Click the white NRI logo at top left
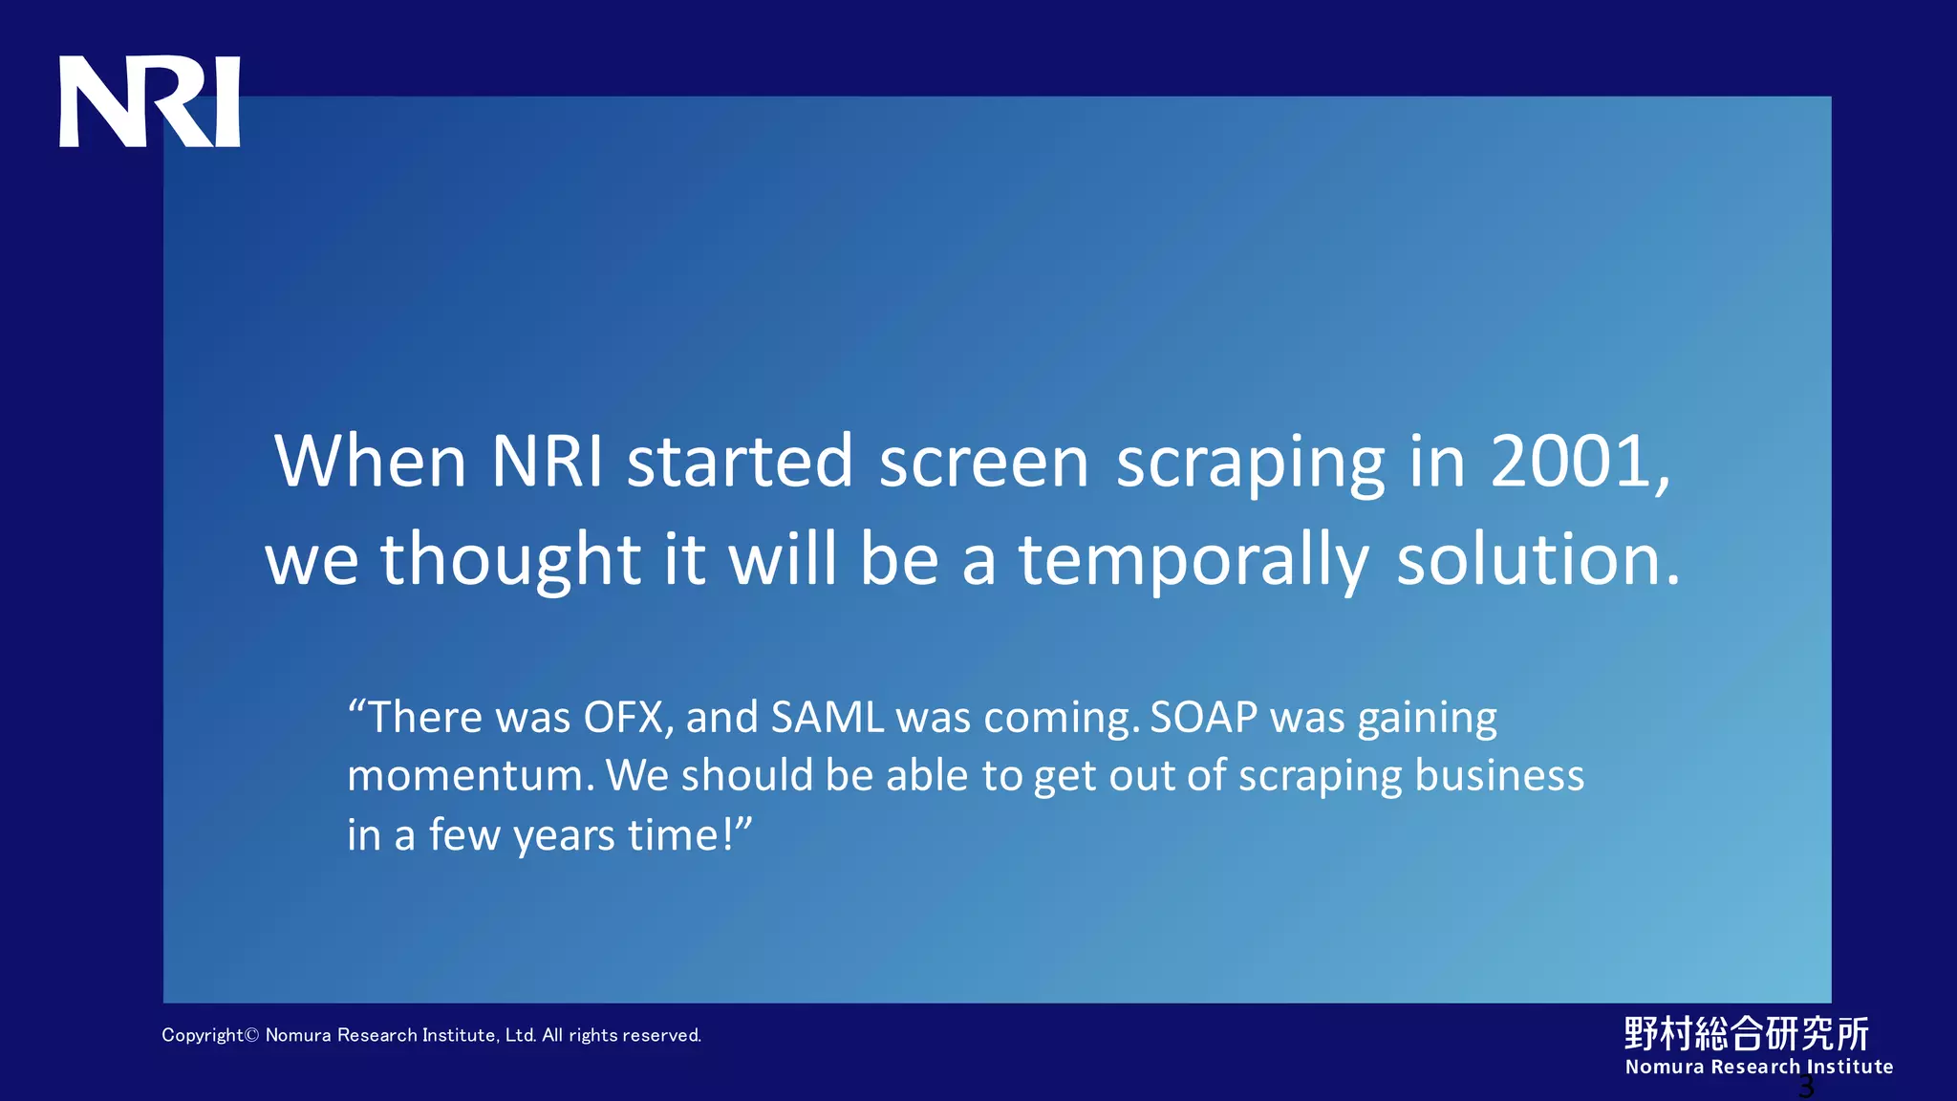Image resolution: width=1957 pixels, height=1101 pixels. tap(150, 102)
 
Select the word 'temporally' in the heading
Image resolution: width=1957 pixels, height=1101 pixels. tap(1194, 562)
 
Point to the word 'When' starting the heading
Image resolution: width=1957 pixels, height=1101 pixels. tap(370, 462)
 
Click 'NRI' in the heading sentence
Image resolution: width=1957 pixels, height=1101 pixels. tap(547, 462)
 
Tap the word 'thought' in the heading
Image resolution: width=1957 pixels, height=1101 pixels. tap(510, 562)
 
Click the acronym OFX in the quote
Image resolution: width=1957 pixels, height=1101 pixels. tap(624, 718)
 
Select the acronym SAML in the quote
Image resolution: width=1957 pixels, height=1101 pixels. tap(828, 718)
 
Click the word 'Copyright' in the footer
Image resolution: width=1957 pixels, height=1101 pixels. tap(203, 1035)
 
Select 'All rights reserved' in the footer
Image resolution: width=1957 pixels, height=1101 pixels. tap(621, 1035)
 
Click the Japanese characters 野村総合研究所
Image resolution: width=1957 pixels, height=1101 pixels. tap(1746, 1033)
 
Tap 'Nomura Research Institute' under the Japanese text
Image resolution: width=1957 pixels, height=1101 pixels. tap(1758, 1067)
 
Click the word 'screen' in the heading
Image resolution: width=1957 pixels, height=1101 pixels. tap(983, 462)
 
